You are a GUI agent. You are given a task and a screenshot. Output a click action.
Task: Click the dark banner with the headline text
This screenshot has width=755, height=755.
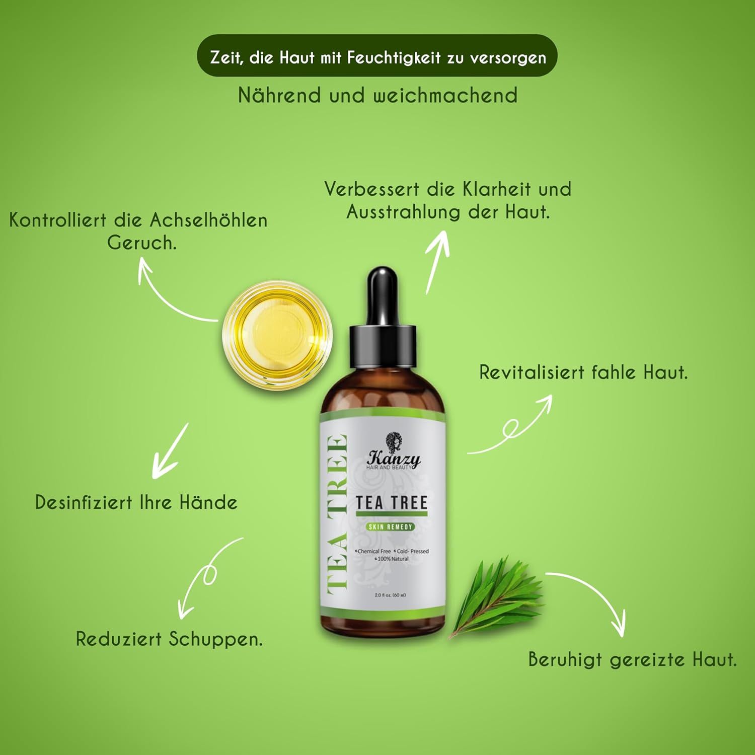coord(377,56)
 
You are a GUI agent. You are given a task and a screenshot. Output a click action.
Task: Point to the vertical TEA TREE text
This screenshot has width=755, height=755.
coord(337,513)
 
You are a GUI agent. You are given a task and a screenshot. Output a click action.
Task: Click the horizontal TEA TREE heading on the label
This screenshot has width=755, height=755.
coord(392,503)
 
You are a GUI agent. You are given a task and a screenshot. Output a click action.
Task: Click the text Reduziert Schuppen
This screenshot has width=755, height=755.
coord(169,639)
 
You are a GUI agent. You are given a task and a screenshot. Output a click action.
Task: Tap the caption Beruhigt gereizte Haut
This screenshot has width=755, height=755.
coord(632,659)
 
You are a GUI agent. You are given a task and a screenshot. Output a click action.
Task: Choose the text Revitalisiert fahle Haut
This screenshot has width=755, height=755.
coord(583,372)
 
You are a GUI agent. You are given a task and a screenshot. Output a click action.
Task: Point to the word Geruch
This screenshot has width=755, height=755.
coord(142,243)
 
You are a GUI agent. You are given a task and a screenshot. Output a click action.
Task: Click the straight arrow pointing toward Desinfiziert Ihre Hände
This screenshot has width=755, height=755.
coord(170,451)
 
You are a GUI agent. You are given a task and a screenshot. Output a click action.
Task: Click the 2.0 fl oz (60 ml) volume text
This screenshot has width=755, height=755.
coord(390,595)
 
